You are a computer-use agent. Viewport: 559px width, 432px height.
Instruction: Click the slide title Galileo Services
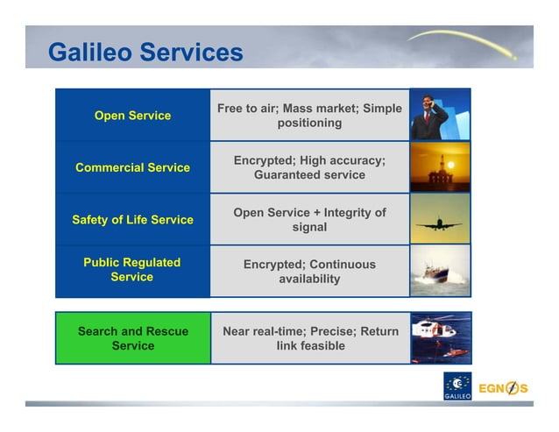coord(145,53)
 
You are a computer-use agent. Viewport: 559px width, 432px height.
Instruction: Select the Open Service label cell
coord(132,116)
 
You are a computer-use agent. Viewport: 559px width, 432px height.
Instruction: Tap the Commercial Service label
coord(132,167)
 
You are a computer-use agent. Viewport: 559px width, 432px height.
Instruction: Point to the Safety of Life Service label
coord(132,219)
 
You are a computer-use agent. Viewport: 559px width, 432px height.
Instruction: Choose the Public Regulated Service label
coord(132,270)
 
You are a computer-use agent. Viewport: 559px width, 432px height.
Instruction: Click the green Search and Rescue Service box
coord(132,338)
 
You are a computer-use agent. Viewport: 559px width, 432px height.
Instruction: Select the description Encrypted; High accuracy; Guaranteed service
coord(309,167)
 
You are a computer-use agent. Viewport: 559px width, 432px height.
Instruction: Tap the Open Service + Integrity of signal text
coord(309,219)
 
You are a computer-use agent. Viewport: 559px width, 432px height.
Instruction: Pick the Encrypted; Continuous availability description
coord(309,271)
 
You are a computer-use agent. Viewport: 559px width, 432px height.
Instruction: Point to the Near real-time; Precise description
coord(309,338)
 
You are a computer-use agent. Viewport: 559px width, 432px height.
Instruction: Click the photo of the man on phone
coord(440,115)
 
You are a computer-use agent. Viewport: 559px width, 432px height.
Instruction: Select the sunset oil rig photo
coord(440,167)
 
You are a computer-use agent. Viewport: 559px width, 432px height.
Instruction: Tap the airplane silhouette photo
coord(440,219)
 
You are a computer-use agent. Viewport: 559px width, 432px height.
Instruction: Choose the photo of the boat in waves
coord(440,271)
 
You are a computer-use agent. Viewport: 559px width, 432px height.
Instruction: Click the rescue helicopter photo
coord(440,338)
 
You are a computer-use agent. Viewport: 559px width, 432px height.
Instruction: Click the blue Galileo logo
coord(457,386)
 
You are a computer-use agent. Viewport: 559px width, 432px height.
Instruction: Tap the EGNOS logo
coord(503,388)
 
